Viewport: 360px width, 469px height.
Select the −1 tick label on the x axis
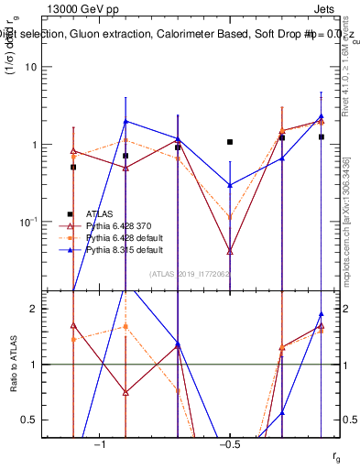click(100, 445)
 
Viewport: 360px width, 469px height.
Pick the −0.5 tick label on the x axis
click(229, 445)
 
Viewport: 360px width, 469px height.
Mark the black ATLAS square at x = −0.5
click(230, 142)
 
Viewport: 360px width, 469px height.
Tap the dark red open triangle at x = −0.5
click(230, 250)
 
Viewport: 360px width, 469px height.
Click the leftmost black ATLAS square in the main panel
click(73, 167)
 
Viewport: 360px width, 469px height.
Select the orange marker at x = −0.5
click(230, 217)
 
